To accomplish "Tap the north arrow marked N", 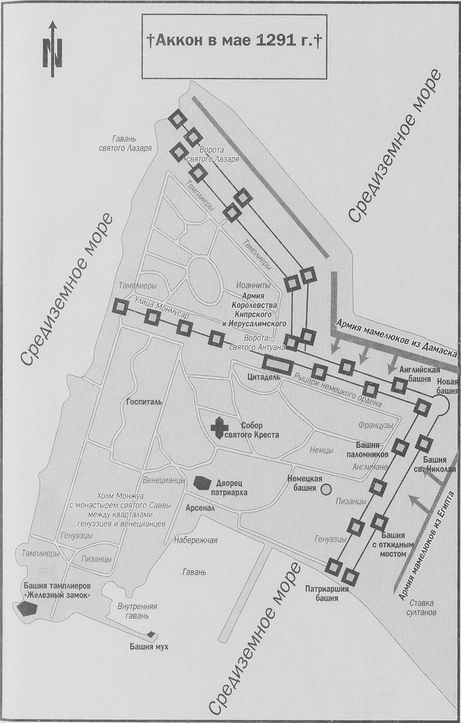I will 52,51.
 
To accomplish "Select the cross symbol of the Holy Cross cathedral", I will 219,428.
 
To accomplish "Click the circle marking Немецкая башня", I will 326,489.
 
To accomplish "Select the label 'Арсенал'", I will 201,508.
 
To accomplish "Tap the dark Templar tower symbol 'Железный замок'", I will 27,608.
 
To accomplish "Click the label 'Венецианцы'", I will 165,479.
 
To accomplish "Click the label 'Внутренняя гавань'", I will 137,611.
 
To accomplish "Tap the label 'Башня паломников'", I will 372,450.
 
